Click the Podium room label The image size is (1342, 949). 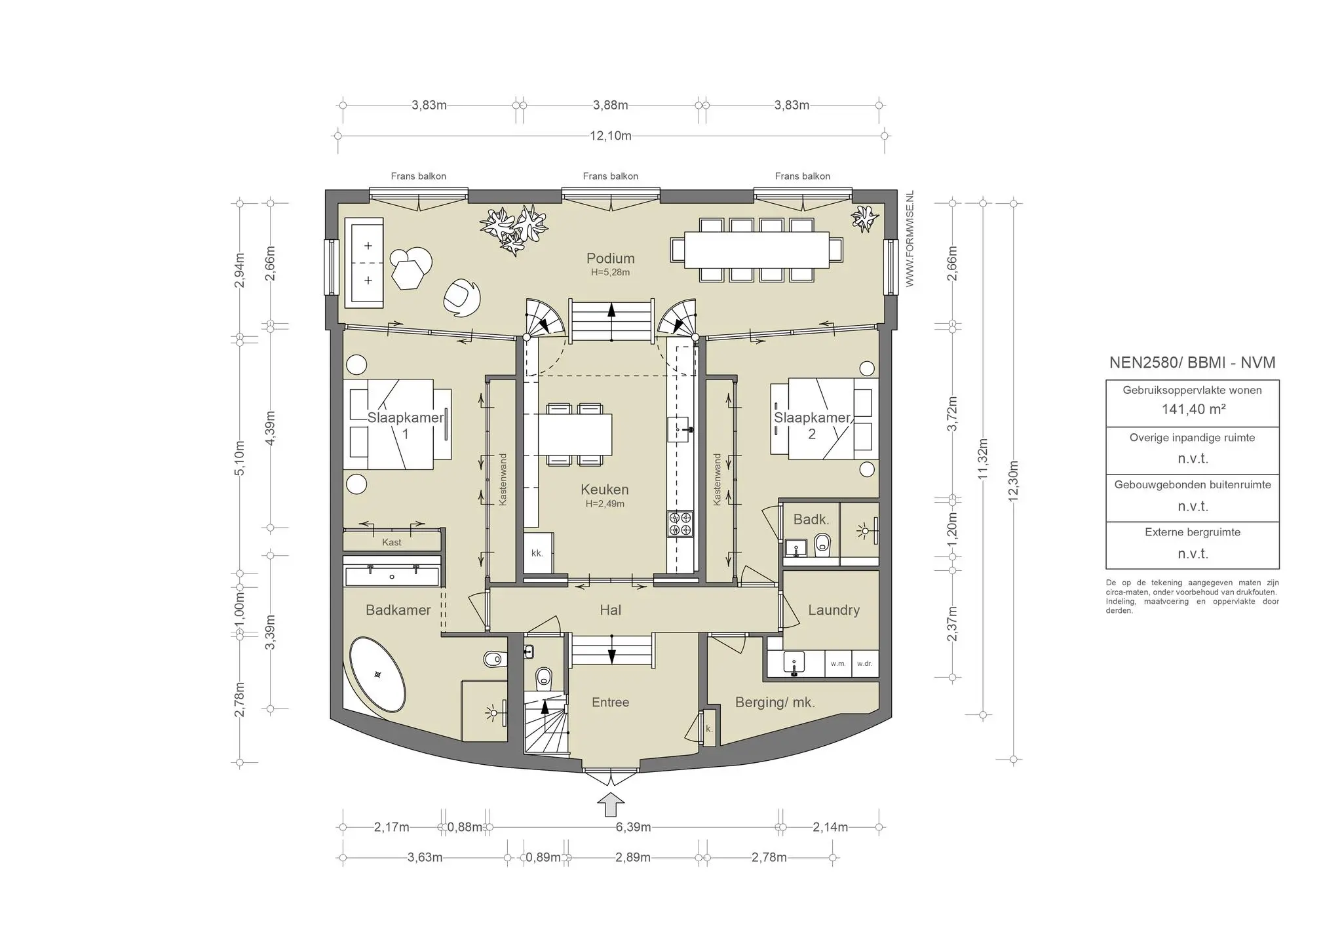[610, 258]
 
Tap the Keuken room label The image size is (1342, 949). [604, 490]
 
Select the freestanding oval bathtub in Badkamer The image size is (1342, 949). [377, 674]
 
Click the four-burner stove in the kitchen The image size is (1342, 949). [680, 524]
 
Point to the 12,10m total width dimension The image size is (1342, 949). [611, 136]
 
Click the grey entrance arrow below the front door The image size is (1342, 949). [611, 805]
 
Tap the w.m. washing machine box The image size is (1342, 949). [838, 663]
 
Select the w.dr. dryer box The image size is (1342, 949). [864, 663]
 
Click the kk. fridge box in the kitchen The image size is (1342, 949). [538, 554]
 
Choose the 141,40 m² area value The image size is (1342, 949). [1193, 409]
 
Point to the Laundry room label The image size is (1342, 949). [834, 610]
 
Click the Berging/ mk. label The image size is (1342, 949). [775, 703]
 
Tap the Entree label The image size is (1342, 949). [610, 703]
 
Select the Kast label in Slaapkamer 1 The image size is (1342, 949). [392, 543]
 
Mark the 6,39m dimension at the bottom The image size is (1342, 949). [633, 827]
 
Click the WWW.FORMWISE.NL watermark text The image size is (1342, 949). [910, 239]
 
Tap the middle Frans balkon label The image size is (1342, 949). [610, 176]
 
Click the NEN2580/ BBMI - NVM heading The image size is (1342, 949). [1193, 362]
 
